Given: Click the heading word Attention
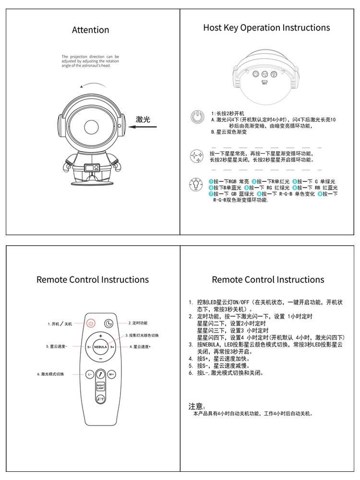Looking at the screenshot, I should [x=90, y=30].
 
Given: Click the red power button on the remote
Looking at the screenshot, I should [x=91, y=324].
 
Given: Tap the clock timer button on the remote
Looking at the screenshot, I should [x=109, y=324].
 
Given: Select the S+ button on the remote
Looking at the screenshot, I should [x=112, y=346].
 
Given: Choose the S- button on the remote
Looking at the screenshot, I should [x=89, y=346].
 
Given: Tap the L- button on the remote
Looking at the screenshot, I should [x=90, y=374].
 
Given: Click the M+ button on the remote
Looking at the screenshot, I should [x=111, y=374].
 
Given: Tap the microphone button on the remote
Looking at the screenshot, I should [x=101, y=373].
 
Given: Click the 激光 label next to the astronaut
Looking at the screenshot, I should [x=143, y=119].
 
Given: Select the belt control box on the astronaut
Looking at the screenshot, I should [x=92, y=168].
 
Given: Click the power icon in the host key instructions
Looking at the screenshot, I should [x=196, y=116].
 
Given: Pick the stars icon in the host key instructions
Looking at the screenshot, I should [x=196, y=156].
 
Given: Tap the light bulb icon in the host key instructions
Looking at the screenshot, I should [x=196, y=185].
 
